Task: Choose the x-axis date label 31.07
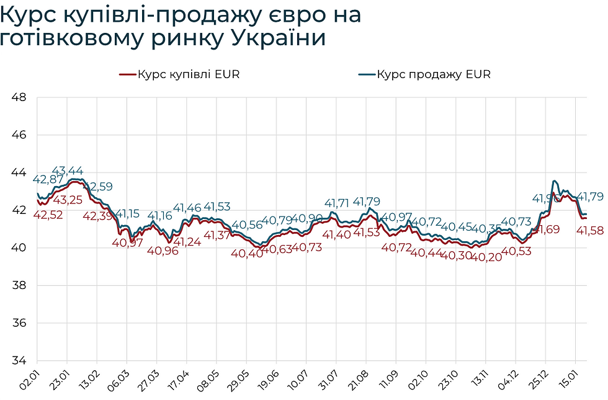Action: (x=329, y=378)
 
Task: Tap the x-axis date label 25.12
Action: (x=538, y=378)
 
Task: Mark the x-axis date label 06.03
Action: (x=120, y=378)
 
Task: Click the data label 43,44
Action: (x=67, y=171)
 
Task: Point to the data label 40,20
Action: (x=486, y=256)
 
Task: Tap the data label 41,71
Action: (x=338, y=203)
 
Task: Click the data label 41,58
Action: (x=591, y=231)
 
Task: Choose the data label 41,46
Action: (x=187, y=208)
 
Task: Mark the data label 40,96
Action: (x=163, y=251)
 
